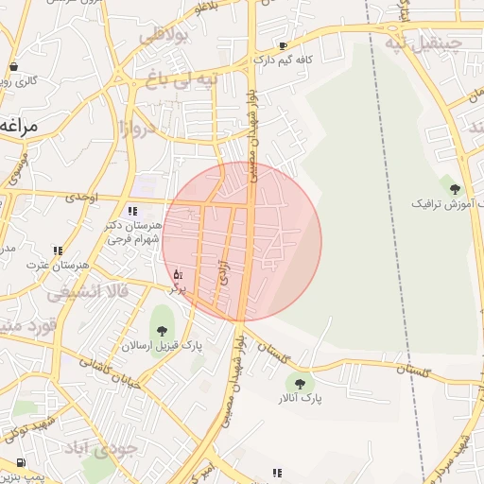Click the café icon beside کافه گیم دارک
(x=283, y=45)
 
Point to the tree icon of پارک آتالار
(x=300, y=383)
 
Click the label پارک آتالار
(x=298, y=400)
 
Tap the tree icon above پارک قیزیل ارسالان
(x=162, y=330)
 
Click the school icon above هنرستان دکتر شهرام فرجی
(x=131, y=211)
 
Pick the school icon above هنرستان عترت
(x=58, y=251)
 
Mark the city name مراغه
(x=21, y=124)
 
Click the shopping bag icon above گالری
(x=13, y=66)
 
